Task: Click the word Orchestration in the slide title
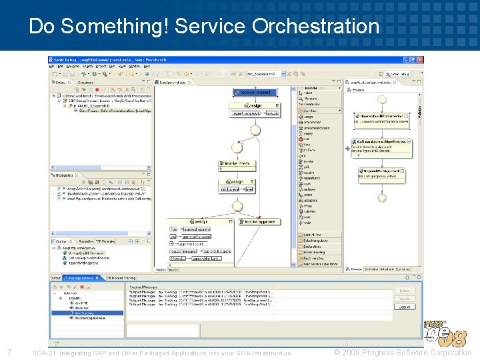pos(315,26)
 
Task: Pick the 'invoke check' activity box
pos(237,163)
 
